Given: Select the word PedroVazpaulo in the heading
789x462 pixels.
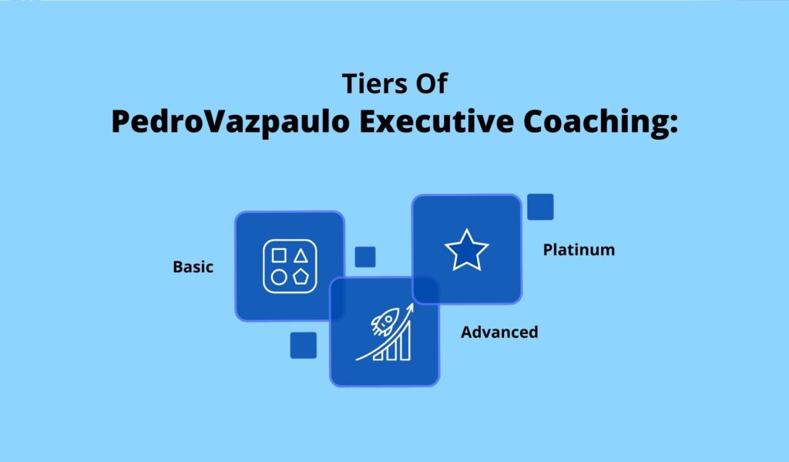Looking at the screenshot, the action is click(230, 123).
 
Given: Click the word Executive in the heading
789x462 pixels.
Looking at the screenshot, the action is click(436, 121).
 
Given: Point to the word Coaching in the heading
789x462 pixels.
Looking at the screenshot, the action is click(596, 123).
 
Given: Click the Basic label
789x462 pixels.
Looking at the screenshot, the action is click(193, 267).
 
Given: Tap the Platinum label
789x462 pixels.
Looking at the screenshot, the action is click(579, 250).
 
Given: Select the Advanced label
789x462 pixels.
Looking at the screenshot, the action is click(499, 332).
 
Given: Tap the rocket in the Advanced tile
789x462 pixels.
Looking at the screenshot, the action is click(385, 322).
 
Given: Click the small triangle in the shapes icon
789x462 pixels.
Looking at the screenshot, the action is click(301, 256).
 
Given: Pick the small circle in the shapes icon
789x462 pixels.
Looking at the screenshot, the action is click(279, 277).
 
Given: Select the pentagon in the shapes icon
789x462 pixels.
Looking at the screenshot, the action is click(300, 277).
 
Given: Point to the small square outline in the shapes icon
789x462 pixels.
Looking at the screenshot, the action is click(279, 255).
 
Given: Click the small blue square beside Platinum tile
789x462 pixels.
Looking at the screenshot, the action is click(540, 207).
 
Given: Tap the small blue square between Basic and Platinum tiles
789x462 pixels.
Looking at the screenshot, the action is click(365, 257).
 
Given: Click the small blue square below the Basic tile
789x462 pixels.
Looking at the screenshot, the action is click(304, 345).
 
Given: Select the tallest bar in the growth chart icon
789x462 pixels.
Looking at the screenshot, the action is click(405, 341).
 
